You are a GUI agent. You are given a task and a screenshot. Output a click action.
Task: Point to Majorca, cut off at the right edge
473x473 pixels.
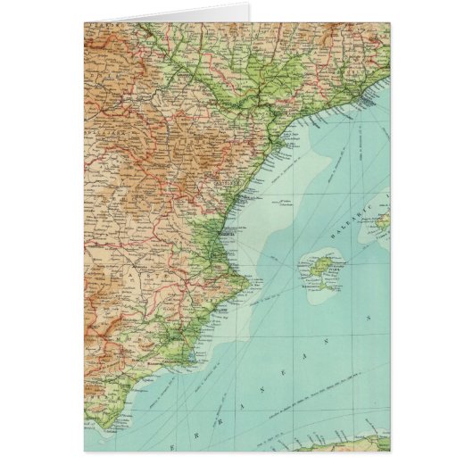pos(380,219)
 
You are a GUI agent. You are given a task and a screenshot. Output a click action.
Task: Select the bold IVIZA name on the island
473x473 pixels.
pos(323,272)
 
